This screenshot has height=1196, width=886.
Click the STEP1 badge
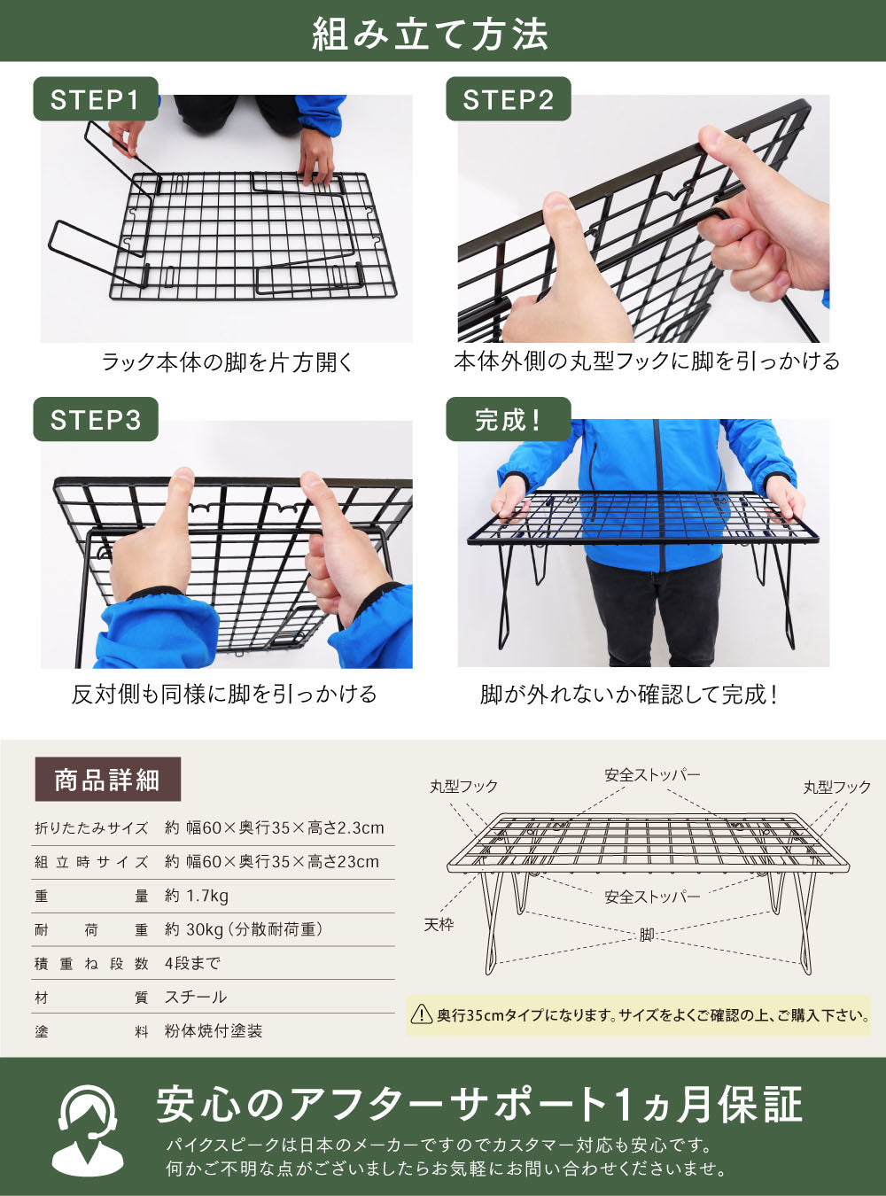tap(96, 99)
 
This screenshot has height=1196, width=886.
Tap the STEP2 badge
tap(508, 99)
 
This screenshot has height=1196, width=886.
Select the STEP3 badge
tap(96, 419)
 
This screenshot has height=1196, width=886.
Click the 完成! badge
tap(508, 419)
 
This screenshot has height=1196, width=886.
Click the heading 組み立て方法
tap(431, 34)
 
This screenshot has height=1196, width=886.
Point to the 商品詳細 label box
tap(108, 780)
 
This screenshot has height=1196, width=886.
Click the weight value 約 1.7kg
tap(197, 896)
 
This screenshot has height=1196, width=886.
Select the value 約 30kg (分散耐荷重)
tap(244, 929)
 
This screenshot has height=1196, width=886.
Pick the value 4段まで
tap(192, 963)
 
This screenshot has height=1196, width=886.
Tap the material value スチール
tap(195, 997)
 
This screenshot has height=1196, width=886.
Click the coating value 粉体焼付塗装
tap(214, 1031)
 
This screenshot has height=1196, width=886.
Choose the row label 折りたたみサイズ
tap(91, 828)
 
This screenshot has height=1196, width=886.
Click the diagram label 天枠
tap(439, 925)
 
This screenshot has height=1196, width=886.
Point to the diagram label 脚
tap(647, 935)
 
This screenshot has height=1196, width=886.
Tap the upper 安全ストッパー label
tap(652, 775)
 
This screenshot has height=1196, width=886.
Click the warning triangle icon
tap(421, 1014)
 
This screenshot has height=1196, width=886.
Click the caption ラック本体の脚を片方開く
tap(227, 362)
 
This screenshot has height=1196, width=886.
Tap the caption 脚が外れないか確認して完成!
tap(628, 695)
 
